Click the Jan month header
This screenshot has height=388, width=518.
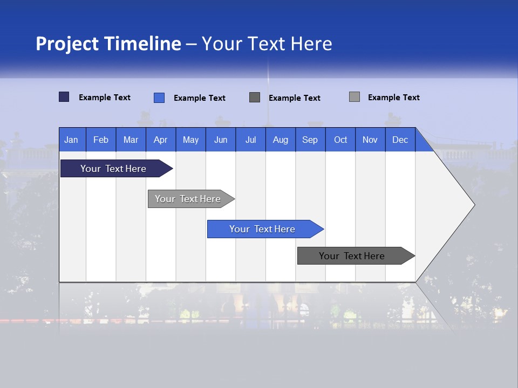point(72,140)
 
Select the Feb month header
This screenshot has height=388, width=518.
point(101,140)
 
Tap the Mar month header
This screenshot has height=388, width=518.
point(131,140)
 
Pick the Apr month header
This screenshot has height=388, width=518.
point(161,140)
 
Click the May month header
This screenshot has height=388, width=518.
point(190,140)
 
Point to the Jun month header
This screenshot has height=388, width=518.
point(221,140)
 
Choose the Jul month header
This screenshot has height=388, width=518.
point(250,140)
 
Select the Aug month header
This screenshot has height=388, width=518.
point(281,140)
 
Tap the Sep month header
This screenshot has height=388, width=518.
point(310,140)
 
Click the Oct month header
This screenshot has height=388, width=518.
point(340,140)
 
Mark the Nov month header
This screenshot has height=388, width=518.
point(370,140)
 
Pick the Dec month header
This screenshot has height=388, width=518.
point(400,140)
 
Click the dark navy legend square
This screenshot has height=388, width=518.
point(64,97)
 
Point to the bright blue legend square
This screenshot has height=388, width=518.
point(159,98)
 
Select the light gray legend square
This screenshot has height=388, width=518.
point(355,97)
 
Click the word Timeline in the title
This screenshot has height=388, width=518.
point(143,43)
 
